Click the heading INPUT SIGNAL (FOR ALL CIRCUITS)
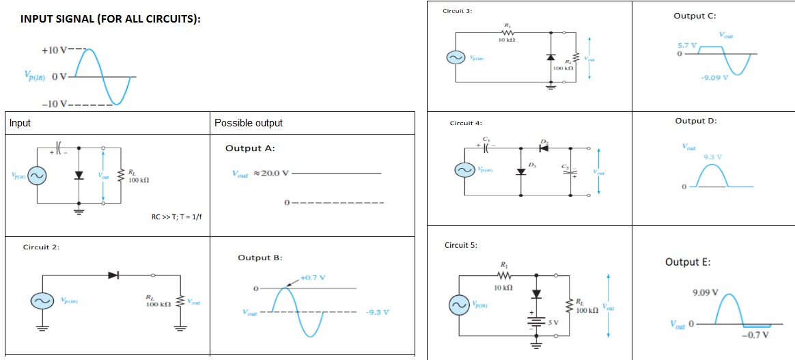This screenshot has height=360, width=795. (110, 18)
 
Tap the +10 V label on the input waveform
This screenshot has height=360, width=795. (54, 51)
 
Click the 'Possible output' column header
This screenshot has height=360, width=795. (248, 123)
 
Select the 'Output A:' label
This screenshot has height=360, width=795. (250, 148)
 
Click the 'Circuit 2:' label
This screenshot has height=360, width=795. (41, 247)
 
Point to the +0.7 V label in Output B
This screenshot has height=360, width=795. (311, 277)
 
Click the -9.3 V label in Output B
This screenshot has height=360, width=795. (378, 312)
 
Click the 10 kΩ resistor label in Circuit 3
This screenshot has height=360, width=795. (506, 41)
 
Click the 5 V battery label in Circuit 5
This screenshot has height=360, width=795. (554, 322)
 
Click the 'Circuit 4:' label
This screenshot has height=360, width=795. (466, 123)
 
